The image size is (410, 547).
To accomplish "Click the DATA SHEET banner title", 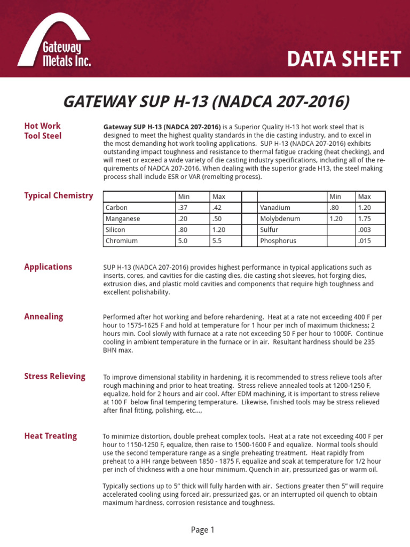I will tap(343, 59).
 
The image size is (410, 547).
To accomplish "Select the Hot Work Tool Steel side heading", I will tap(43, 131).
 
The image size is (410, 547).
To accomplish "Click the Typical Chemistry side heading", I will tap(58, 196).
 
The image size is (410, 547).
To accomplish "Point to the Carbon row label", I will tap(116, 208).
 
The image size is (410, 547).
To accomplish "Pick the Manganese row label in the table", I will tap(123, 219).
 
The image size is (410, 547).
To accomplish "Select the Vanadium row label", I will tap(275, 208).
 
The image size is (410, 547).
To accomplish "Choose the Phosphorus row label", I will tap(278, 241).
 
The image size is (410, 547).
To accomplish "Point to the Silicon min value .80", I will tap(184, 230).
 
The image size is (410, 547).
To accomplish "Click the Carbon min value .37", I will tap(184, 208).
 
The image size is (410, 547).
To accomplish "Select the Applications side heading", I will tap(48, 267).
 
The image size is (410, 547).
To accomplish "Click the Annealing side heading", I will tap(43, 316).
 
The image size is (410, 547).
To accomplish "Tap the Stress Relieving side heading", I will tap(54, 376).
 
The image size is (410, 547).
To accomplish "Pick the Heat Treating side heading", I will tap(50, 436).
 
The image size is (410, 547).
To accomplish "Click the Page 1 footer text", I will tap(202, 530).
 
